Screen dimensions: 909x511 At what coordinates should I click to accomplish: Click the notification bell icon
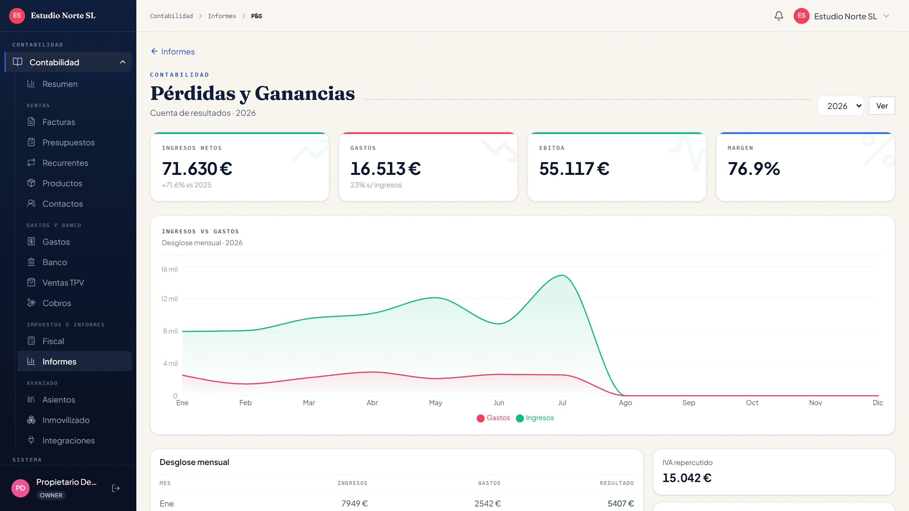point(779,16)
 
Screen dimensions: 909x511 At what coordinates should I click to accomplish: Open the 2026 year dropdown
point(841,106)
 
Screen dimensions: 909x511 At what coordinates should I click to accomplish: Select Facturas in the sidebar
point(59,122)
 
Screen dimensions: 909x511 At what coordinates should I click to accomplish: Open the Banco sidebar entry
point(55,262)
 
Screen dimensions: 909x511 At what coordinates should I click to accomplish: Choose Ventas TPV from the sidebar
point(63,283)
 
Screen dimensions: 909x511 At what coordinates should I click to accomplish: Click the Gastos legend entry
point(493,418)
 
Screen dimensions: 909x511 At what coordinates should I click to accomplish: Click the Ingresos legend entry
point(535,418)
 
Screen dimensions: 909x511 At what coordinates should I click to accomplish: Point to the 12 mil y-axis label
point(169,299)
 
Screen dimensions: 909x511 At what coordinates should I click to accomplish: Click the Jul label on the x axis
point(562,403)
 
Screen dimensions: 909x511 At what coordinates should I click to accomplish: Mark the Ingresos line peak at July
point(562,275)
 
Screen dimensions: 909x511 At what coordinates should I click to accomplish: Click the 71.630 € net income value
point(197,169)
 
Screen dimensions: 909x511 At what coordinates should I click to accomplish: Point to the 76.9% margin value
point(754,169)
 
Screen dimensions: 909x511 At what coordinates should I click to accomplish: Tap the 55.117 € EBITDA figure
point(574,169)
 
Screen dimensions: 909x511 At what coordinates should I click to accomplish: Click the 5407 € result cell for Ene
point(621,504)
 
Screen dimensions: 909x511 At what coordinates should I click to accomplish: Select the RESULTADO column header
point(617,483)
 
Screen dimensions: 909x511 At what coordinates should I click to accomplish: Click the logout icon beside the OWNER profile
point(116,488)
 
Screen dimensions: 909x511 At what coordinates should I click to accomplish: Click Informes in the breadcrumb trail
point(222,16)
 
